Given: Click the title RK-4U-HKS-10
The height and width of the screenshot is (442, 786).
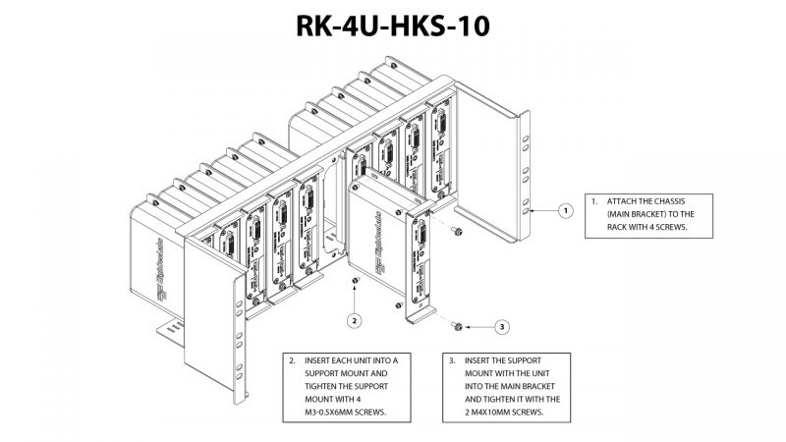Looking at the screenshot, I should click(393, 28).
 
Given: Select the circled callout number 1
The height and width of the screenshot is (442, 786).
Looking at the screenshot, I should click(565, 210).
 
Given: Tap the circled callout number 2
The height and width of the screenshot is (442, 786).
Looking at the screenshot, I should click(356, 319).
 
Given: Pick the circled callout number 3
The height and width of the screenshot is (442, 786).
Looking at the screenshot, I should click(501, 326).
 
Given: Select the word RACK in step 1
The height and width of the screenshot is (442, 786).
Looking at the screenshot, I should click(621, 227).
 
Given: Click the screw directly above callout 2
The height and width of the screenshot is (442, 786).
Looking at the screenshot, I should click(356, 283).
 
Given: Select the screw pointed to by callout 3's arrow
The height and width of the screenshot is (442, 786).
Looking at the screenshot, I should click(459, 325).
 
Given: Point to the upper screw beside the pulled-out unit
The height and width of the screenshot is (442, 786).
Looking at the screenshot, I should click(459, 231).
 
